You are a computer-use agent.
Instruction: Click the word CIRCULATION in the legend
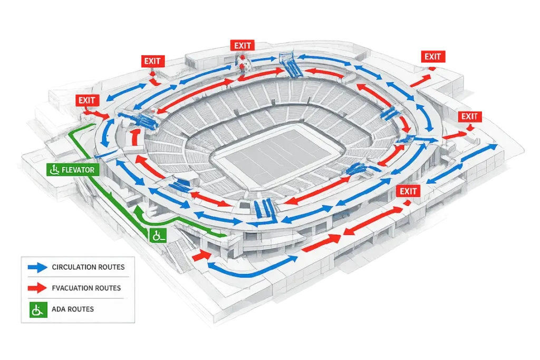[x=74, y=267]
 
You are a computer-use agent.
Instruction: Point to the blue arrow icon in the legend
[x=37, y=268]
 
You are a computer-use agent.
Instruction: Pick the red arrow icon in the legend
[x=37, y=288]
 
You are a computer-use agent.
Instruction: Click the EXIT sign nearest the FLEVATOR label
[x=86, y=99]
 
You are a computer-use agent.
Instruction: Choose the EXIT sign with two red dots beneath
[x=243, y=45]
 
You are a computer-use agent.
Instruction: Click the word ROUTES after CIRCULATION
[x=112, y=267]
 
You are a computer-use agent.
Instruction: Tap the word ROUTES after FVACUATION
[x=107, y=288]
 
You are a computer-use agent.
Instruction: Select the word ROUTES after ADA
[x=81, y=309]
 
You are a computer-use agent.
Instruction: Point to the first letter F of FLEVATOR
[x=63, y=170]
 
